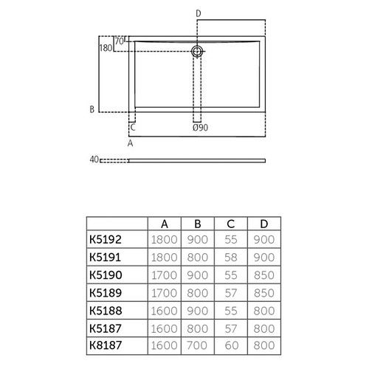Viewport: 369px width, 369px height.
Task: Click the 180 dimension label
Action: [106, 48]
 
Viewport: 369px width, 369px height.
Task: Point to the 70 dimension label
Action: [120, 41]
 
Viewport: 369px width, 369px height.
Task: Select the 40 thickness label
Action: [94, 159]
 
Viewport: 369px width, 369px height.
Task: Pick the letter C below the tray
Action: [132, 128]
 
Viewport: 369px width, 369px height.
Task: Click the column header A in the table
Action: [164, 224]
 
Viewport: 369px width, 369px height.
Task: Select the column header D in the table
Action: [263, 224]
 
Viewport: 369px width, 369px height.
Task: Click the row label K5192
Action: [106, 239]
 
